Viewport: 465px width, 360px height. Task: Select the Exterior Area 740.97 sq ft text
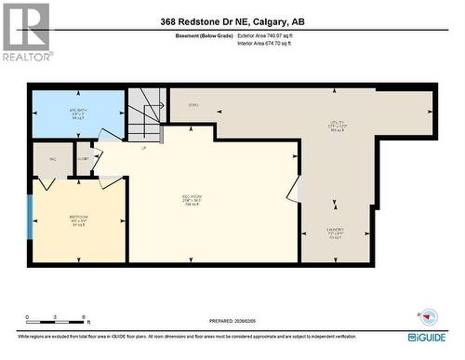(x=271, y=35)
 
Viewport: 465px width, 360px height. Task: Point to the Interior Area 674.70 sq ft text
(x=271, y=43)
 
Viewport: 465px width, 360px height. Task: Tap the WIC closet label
(x=51, y=159)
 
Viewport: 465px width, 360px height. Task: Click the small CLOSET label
(x=84, y=159)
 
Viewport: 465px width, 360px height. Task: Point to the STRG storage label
(x=194, y=105)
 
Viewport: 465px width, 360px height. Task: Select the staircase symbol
(x=146, y=111)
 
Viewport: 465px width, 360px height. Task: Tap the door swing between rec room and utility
(x=295, y=191)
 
